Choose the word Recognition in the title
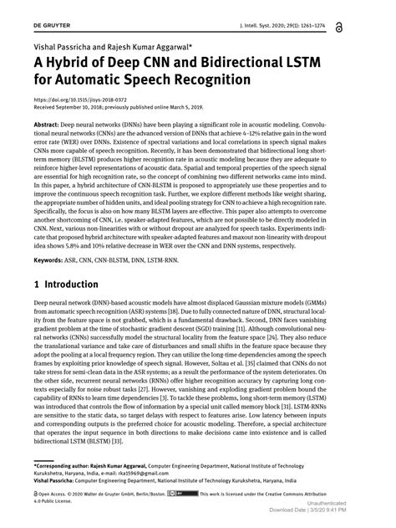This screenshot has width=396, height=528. point(207,79)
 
